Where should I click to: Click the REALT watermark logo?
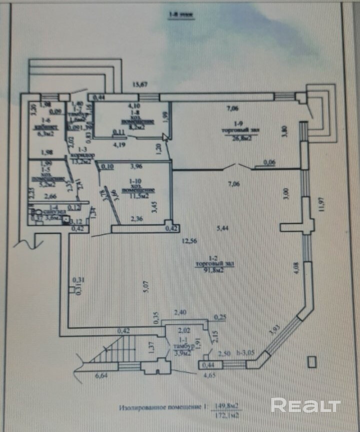(x=305, y=405)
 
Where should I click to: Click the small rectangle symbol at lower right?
(x=312, y=361)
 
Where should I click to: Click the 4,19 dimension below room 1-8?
(x=119, y=146)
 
